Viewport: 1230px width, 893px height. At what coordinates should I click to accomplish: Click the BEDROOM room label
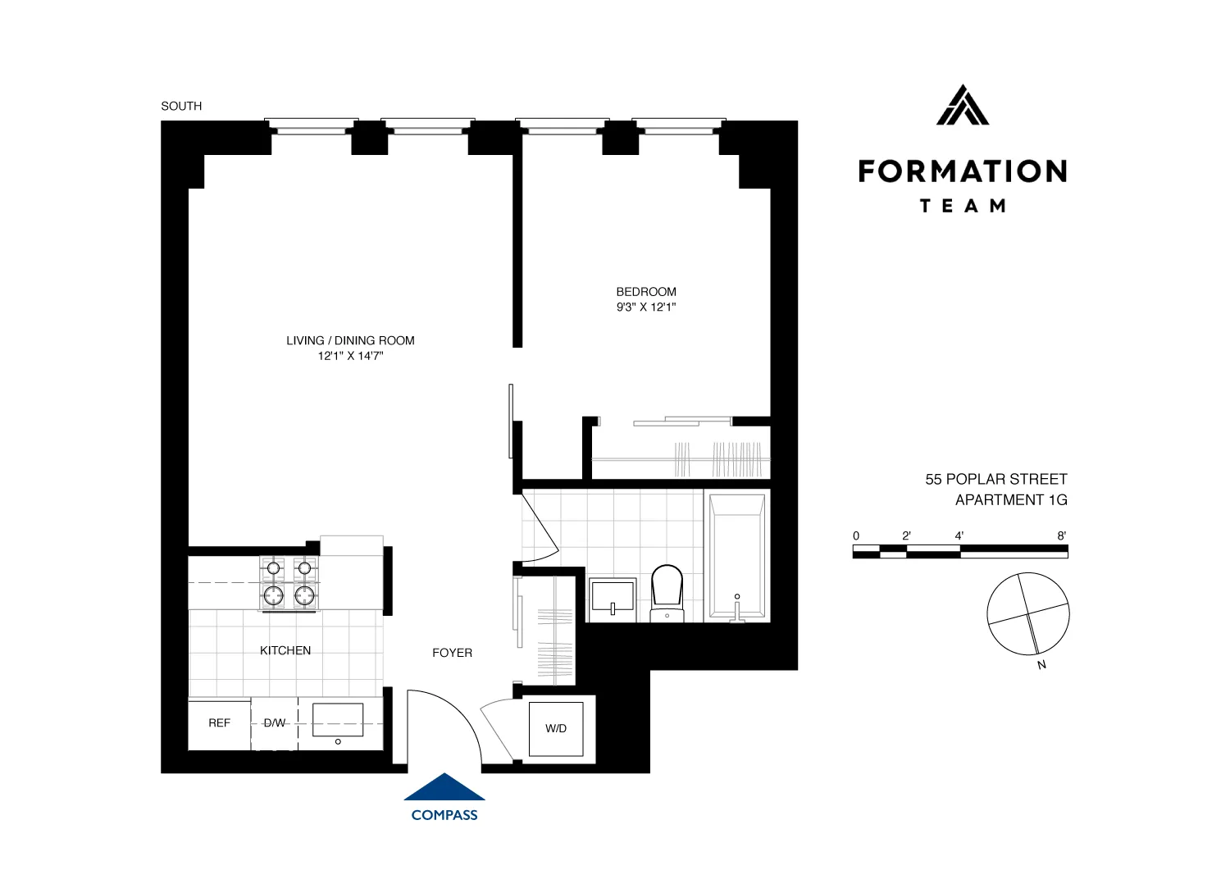[646, 292]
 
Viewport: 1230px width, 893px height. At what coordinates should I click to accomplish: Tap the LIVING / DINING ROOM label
[350, 340]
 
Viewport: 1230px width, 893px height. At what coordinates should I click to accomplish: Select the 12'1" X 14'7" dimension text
[350, 357]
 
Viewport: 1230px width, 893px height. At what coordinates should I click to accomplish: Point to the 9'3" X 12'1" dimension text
[646, 308]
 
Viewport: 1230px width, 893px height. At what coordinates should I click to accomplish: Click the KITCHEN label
[285, 650]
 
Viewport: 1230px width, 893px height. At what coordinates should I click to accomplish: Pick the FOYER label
[452, 653]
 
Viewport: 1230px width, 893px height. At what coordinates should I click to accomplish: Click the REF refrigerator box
[219, 723]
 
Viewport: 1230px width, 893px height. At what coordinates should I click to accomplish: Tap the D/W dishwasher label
[275, 723]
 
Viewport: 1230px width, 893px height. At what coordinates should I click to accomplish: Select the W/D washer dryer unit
[556, 728]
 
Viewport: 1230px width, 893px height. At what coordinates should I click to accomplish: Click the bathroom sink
[613, 597]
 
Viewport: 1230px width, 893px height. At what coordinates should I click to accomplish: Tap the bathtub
[737, 556]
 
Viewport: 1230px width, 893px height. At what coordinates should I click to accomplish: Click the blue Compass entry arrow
[444, 787]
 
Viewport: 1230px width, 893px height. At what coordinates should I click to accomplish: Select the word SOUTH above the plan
[181, 106]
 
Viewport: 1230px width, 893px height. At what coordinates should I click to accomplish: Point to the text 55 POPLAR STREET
[996, 480]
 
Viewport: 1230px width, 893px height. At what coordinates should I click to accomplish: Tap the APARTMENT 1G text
[1011, 500]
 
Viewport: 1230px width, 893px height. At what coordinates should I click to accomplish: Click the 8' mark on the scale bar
[1061, 536]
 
